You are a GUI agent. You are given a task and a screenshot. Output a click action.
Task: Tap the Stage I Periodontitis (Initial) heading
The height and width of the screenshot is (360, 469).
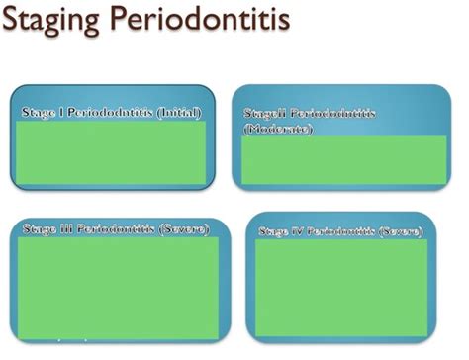[113, 114]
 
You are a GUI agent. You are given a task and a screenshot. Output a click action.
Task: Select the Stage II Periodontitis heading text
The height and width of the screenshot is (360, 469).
[310, 114]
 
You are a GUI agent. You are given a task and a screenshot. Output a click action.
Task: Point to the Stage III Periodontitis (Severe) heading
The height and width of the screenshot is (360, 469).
[114, 229]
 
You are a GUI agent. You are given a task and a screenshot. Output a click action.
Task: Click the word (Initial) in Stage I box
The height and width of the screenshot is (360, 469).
[180, 114]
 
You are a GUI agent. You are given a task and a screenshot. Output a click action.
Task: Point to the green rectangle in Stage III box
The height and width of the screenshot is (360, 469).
[118, 287]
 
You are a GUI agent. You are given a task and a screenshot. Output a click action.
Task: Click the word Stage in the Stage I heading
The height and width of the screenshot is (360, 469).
[38, 114]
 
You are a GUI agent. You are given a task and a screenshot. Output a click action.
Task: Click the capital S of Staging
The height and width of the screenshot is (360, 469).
[16, 21]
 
